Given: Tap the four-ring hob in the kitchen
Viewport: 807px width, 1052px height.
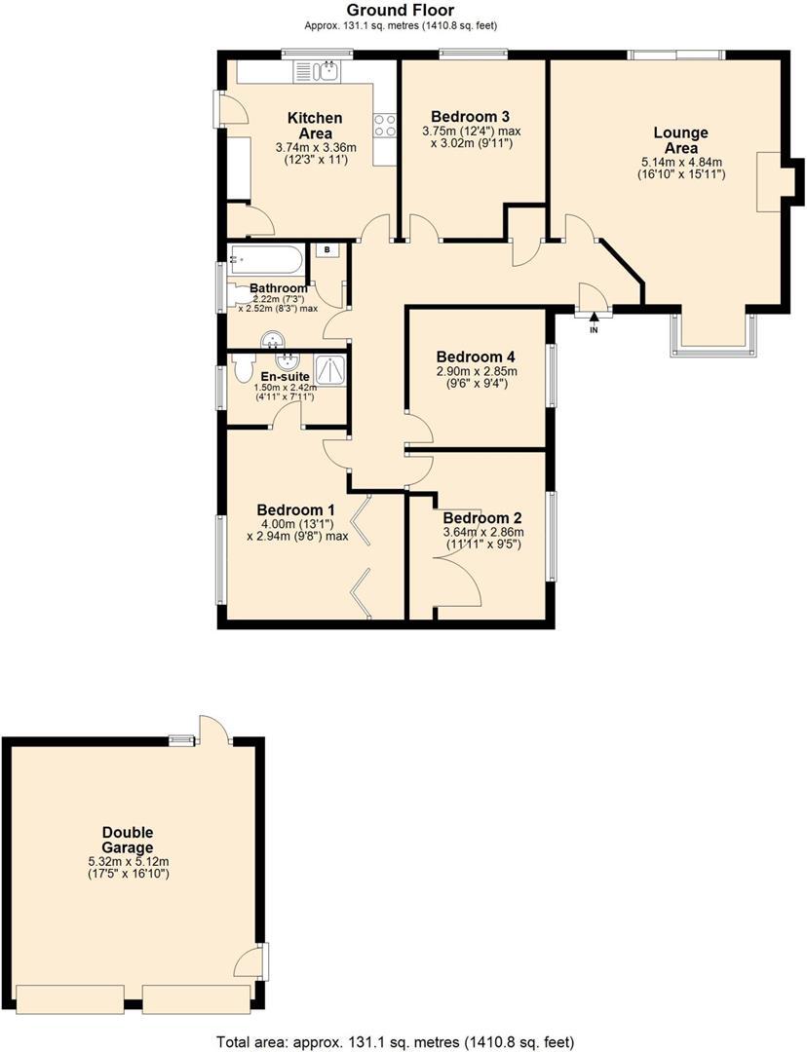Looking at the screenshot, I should tap(384, 125).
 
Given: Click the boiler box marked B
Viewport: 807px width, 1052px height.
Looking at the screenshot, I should tap(327, 250).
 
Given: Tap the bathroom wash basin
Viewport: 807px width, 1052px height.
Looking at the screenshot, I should tap(274, 339).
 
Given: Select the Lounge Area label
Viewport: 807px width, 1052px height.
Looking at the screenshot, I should tap(680, 140).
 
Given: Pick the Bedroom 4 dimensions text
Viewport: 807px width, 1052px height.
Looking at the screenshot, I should tap(477, 377).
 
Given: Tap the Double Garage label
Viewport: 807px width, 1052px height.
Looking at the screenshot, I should tap(128, 840).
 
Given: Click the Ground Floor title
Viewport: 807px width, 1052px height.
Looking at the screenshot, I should tap(400, 11).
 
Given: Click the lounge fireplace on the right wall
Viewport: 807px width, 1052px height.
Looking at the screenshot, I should tap(771, 182).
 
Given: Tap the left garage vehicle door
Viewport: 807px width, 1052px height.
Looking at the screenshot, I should tap(72, 997).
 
